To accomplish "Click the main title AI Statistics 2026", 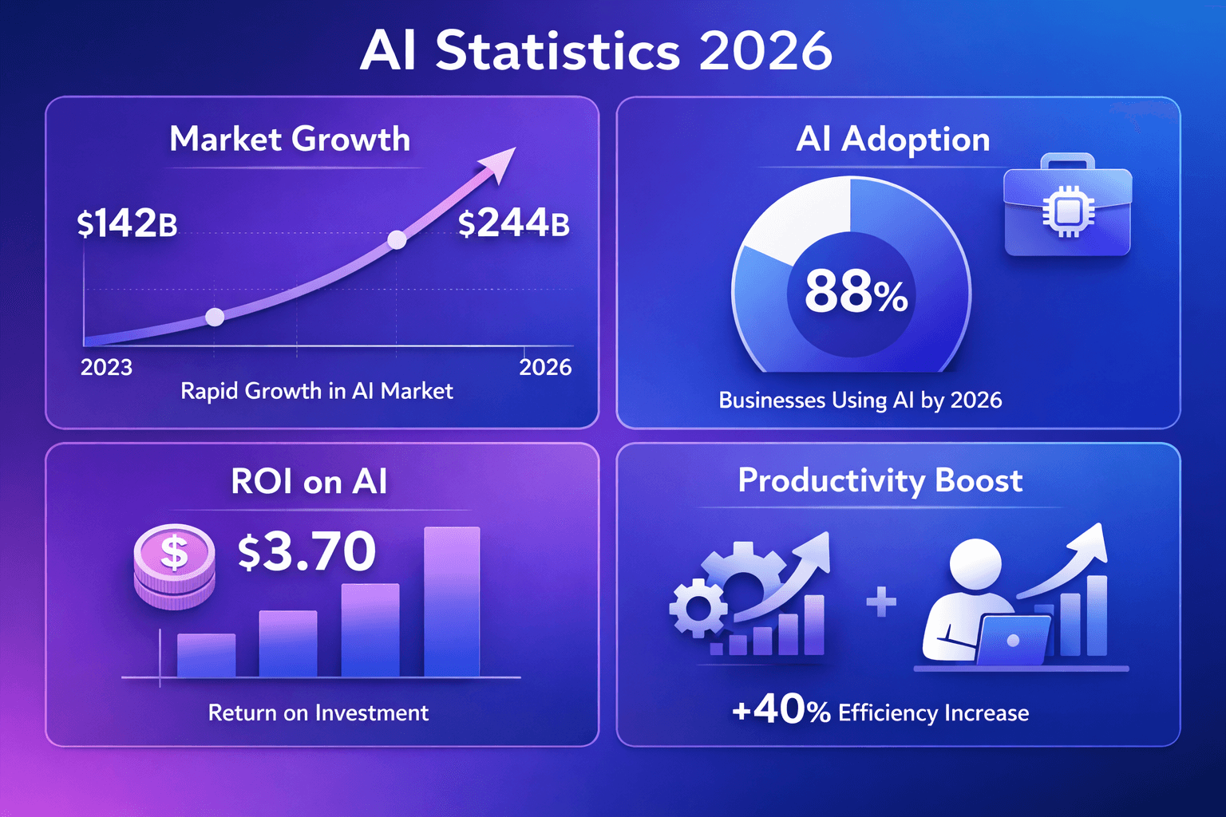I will pos(596,51).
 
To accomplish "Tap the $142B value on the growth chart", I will pos(127,223).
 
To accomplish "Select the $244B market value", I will pos(513,223).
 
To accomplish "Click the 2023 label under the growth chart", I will pos(106,367).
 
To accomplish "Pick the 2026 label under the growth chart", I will pos(545,367).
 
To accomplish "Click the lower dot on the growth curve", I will pos(215,317).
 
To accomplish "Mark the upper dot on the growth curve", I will pos(397,239).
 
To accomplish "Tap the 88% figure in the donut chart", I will pos(856,292).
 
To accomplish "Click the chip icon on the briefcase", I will pos(1067,211).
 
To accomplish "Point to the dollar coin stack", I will pos(174,566).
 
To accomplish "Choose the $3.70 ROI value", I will pos(307,551).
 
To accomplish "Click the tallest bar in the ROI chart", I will pos(452,602).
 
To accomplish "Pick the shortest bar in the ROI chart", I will pos(206,655).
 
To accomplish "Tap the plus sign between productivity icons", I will pos(881,602).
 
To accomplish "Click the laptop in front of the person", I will pos(1012,639).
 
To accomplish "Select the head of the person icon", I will pos(975,564).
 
